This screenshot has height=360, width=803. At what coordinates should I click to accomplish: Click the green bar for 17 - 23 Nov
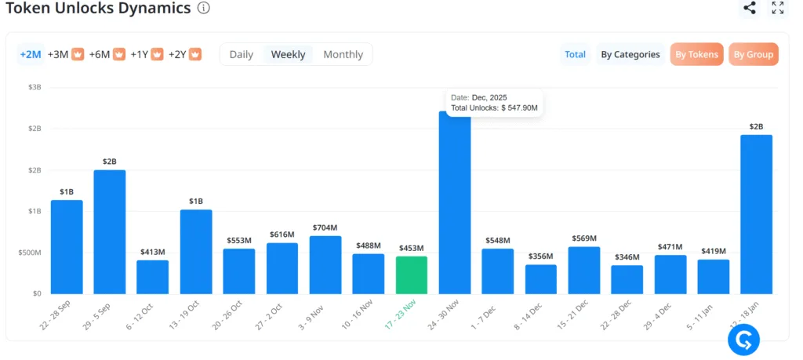pyautogui.click(x=412, y=275)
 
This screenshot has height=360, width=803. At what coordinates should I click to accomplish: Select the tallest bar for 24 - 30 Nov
pyautogui.click(x=455, y=204)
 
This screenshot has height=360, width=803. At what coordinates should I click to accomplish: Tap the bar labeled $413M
pyautogui.click(x=153, y=277)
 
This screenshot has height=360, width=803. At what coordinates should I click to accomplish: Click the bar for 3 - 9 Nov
pyautogui.click(x=325, y=265)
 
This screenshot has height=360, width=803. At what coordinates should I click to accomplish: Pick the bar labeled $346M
pyautogui.click(x=627, y=280)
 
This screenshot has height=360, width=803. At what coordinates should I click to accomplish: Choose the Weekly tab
pyautogui.click(x=288, y=54)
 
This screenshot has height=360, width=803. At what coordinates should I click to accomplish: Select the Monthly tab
pyautogui.click(x=343, y=54)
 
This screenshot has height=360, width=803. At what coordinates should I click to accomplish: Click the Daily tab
pyautogui.click(x=241, y=54)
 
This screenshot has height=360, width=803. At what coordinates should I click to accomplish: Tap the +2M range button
pyautogui.click(x=30, y=54)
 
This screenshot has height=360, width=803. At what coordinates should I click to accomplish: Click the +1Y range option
pyautogui.click(x=146, y=54)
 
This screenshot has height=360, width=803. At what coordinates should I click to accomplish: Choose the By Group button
pyautogui.click(x=753, y=54)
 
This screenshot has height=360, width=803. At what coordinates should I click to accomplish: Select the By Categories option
pyautogui.click(x=630, y=54)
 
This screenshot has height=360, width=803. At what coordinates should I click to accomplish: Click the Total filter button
pyautogui.click(x=575, y=54)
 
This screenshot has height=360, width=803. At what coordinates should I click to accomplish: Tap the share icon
pyautogui.click(x=750, y=8)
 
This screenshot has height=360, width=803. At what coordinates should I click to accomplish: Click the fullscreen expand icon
pyautogui.click(x=778, y=8)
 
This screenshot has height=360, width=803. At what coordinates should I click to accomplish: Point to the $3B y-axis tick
pyautogui.click(x=35, y=87)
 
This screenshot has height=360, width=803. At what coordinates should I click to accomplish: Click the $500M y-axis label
pyautogui.click(x=31, y=253)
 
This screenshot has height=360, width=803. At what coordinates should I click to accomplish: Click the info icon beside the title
pyautogui.click(x=204, y=8)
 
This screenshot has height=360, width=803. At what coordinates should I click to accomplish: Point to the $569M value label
pyautogui.click(x=584, y=238)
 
